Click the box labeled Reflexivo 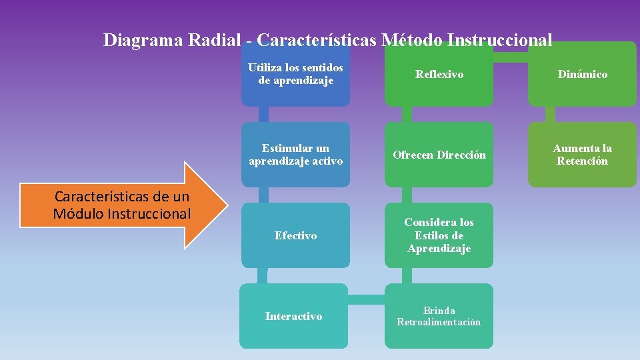(439, 74)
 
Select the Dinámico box (582, 74)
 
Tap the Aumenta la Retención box (582, 155)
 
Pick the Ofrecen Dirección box (439, 155)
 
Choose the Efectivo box (295, 235)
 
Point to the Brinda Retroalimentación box (439, 316)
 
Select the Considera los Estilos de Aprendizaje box (439, 235)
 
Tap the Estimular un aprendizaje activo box (295, 155)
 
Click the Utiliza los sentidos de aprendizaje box (295, 74)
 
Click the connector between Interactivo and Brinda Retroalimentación (367, 300)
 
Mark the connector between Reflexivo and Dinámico (511, 57)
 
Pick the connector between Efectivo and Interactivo (263, 275)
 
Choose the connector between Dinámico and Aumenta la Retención (551, 114)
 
